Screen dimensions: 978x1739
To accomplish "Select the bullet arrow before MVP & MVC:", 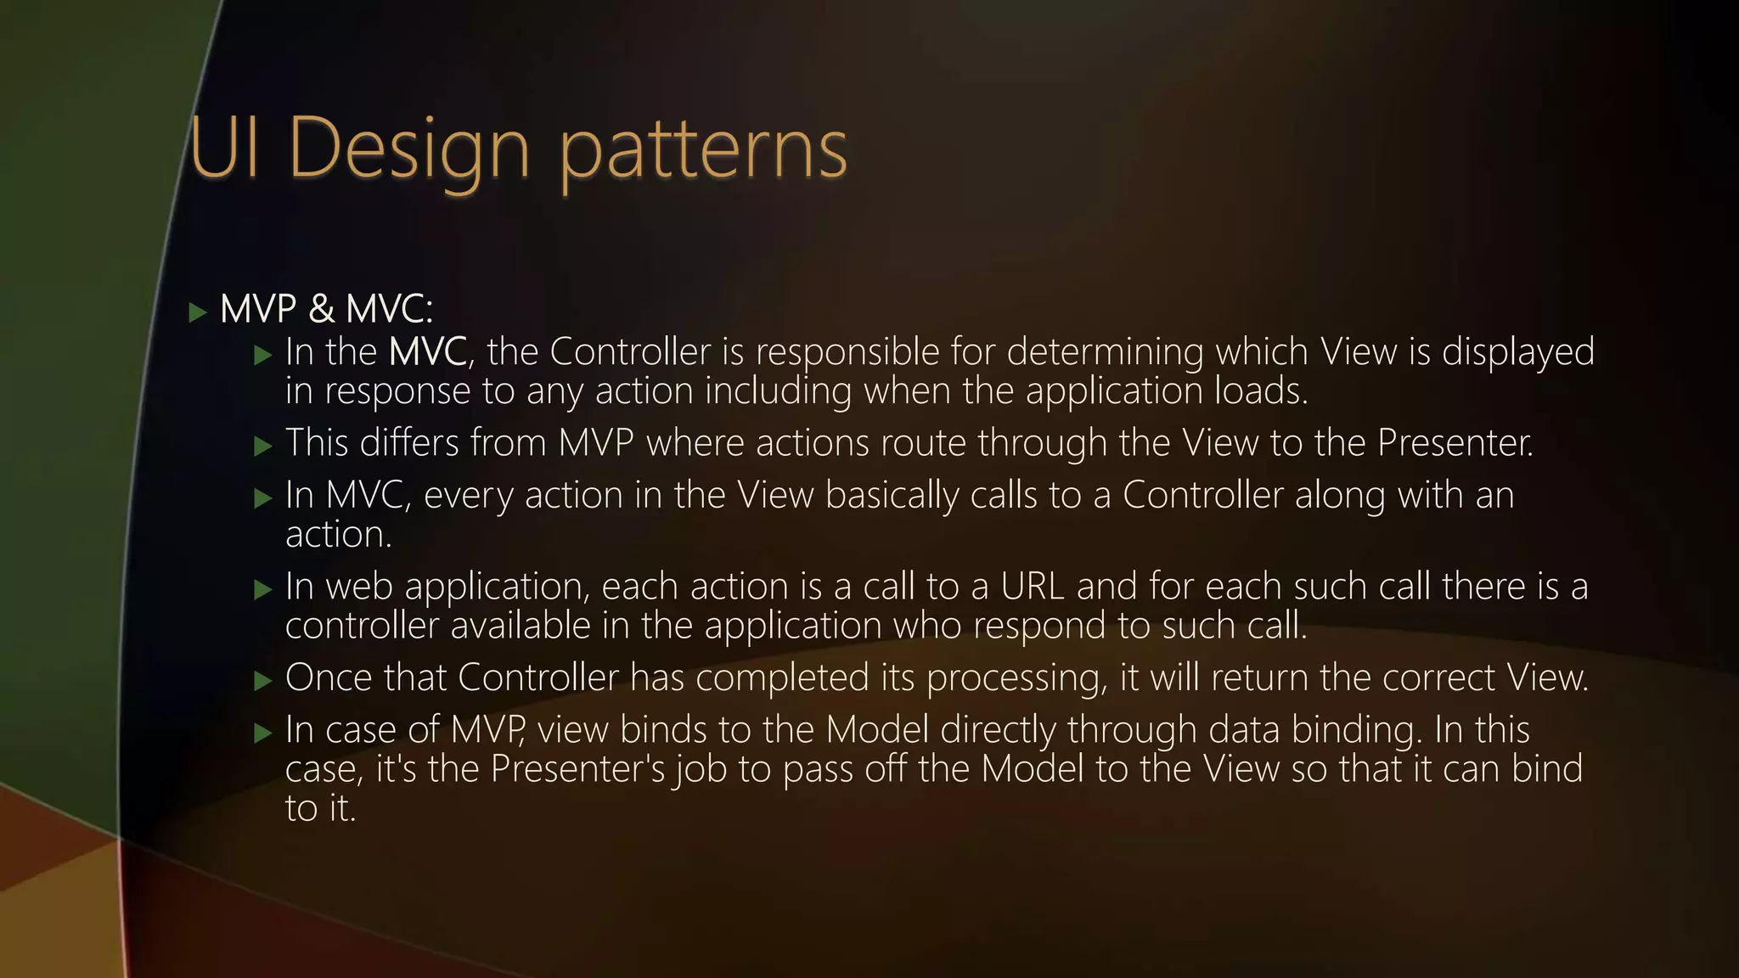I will pos(198,312).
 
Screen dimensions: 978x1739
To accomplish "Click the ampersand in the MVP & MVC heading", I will pos(322,309).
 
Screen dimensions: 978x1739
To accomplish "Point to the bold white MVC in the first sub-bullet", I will pos(427,351).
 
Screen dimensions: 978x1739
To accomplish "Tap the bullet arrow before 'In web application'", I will pos(263,589).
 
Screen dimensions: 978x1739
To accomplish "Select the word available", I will pos(521,626).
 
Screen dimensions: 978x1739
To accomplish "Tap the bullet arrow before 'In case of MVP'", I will pos(263,733).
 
